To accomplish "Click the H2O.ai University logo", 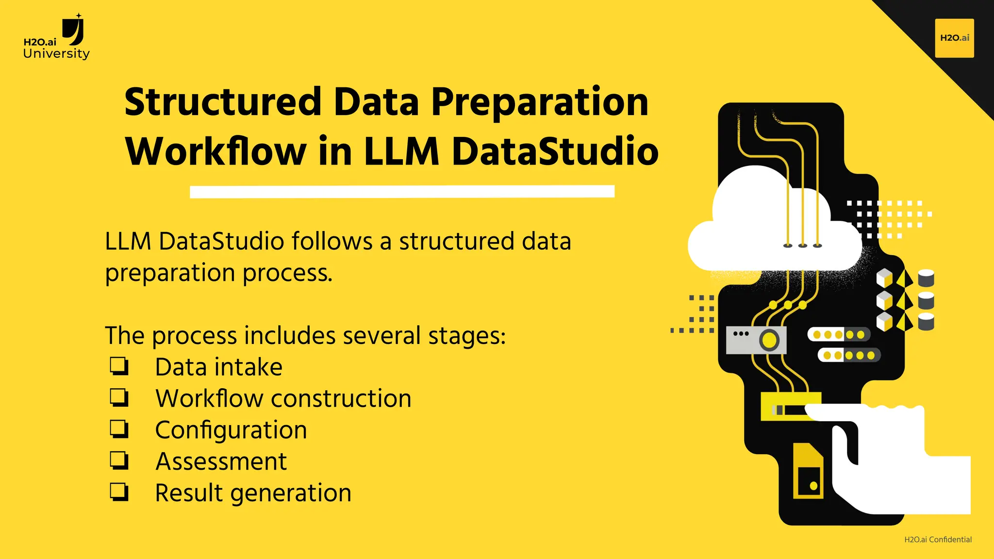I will tap(56, 38).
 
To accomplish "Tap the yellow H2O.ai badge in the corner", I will tap(954, 38).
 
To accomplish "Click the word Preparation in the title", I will tap(539, 103).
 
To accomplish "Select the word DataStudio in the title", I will tap(555, 151).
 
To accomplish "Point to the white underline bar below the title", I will tap(402, 192).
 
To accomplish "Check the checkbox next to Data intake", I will tap(119, 367).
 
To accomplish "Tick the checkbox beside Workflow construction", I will tap(119, 398).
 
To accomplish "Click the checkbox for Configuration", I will tap(119, 429).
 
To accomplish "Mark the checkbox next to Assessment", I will tap(119, 460).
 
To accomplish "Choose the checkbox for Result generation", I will tap(119, 492).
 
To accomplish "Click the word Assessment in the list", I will tap(221, 461).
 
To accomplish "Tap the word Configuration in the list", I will tap(231, 430).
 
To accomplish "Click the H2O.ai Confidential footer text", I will tap(938, 540).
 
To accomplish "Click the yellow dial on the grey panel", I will tap(769, 340).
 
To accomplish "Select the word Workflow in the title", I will tap(215, 151).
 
